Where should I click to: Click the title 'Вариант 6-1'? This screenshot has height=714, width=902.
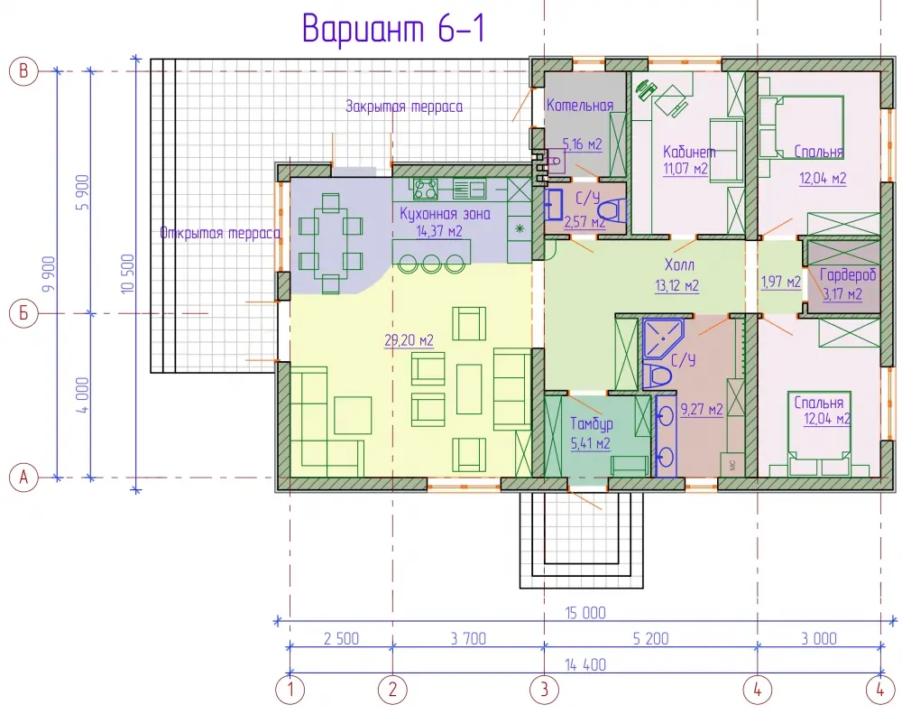393,28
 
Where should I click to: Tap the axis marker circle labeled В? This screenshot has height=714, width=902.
23,70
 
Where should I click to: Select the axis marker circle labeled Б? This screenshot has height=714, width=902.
23,314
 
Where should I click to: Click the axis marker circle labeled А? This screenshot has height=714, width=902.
23,478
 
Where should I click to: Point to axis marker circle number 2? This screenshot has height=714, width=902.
392,690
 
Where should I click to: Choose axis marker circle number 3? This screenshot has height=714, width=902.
544,690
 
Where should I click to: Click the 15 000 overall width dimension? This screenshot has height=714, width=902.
585,613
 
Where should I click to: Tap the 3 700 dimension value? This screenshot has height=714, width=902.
468,638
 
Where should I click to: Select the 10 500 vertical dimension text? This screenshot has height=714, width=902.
128,274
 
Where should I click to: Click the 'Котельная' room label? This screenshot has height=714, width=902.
580,106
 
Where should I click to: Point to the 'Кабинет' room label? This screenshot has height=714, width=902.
689,152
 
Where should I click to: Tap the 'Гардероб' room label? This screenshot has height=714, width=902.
848,274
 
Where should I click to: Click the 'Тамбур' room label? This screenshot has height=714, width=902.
592,423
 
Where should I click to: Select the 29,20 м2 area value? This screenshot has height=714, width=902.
409,340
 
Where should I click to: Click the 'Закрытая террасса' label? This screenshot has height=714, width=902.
404,107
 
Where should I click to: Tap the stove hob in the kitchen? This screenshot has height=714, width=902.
426,189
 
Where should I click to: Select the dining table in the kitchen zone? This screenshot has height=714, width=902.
330,243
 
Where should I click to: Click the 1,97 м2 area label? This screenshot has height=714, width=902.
780,282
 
